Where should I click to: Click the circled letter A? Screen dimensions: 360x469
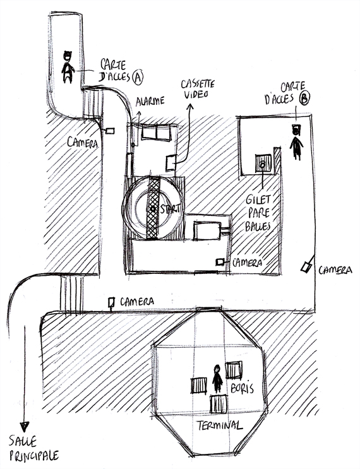tap(138, 77)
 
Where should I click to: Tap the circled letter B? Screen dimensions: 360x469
tap(304, 98)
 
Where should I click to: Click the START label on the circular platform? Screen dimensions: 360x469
tap(171, 208)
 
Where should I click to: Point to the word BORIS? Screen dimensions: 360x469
tap(242, 388)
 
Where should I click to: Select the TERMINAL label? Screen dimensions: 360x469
tap(219, 425)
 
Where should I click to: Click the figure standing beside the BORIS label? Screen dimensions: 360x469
tap(217, 378)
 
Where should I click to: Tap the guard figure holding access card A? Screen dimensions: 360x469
tap(68, 68)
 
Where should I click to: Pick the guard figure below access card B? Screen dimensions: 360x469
tap(296, 143)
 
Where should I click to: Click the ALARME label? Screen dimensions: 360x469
tap(150, 101)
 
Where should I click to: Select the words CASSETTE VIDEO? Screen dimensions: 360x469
tap(198, 89)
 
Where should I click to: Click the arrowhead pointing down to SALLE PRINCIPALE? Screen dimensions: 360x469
tap(25, 426)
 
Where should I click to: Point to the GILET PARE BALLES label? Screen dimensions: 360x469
tap(258, 213)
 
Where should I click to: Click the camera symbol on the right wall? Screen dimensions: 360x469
tap(306, 267)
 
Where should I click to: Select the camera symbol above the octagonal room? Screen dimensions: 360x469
tap(112, 302)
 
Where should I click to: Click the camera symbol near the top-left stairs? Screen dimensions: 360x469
tap(109, 131)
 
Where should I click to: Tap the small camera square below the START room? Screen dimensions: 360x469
tap(220, 262)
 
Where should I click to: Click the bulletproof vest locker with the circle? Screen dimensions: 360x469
tap(263, 163)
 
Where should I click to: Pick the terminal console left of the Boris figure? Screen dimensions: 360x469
tap(199, 386)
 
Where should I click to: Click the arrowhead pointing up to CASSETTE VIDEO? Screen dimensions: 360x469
tap(190, 107)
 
